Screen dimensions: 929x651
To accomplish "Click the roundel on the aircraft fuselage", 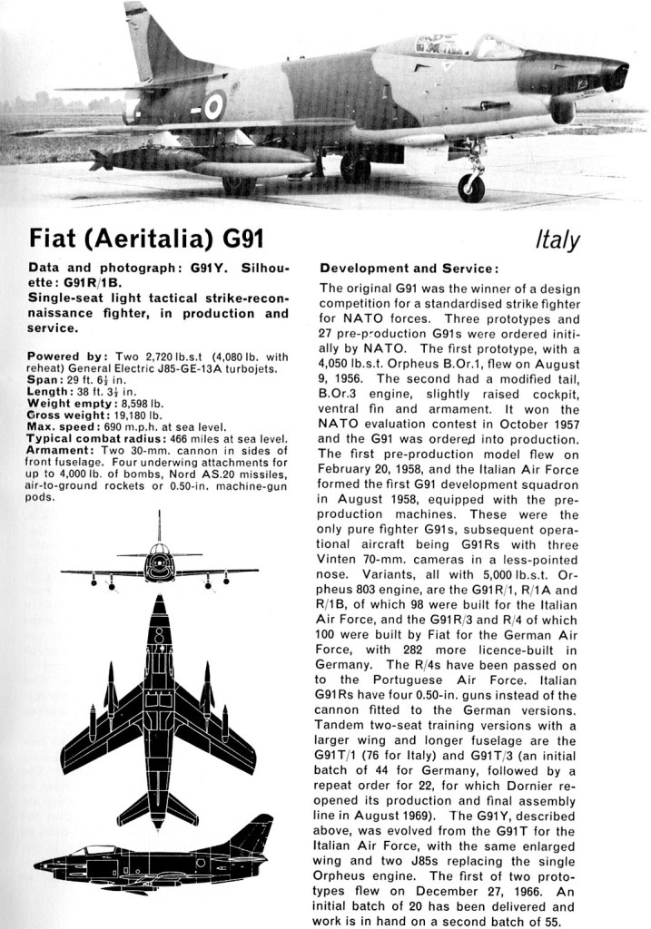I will click(212, 106).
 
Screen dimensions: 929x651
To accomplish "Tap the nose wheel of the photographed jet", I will click(471, 188).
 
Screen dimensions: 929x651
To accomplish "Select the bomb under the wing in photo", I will click(145, 160).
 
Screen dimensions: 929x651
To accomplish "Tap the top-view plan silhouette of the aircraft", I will click(159, 708).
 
